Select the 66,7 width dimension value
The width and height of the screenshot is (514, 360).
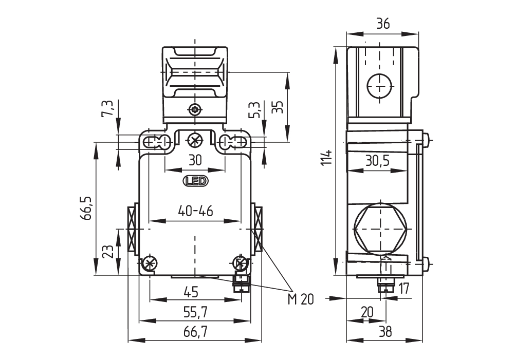[195, 332]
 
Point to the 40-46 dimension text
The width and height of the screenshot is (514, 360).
[195, 211]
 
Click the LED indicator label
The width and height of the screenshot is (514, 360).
[195, 181]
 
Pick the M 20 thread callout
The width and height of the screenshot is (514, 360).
[301, 299]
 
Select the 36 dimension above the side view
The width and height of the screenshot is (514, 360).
[382, 24]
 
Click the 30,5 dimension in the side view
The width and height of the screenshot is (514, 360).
[378, 161]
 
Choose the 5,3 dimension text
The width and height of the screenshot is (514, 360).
[254, 109]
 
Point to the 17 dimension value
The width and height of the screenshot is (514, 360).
[404, 289]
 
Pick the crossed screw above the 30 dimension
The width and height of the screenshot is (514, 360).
[195, 140]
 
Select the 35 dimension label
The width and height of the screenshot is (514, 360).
[277, 107]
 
